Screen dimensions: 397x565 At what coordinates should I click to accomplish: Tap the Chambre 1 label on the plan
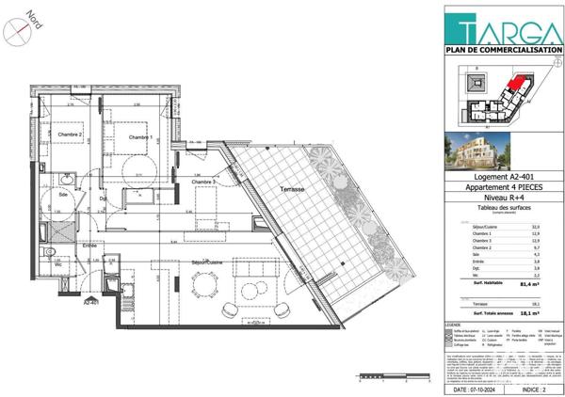coord(141,137)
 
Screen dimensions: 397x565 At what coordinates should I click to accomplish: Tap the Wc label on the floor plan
coord(58,263)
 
